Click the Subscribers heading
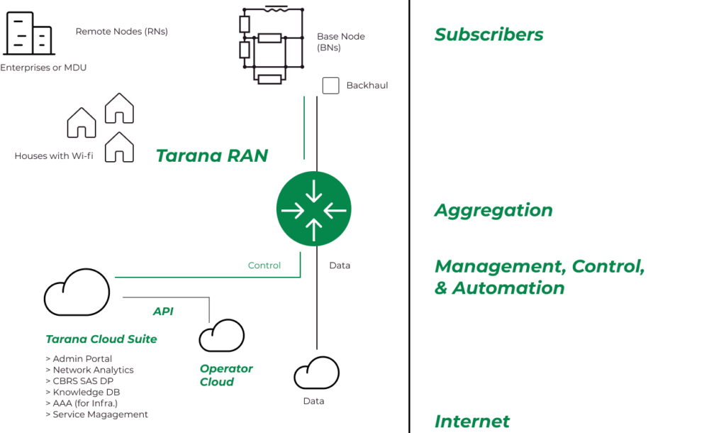click(488, 35)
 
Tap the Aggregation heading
click(493, 211)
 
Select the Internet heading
click(471, 422)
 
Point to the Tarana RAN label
click(211, 155)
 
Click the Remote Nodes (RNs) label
click(121, 32)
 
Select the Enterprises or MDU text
click(43, 68)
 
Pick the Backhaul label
click(367, 85)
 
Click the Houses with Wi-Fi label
click(54, 156)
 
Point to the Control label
click(264, 265)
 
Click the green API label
click(163, 312)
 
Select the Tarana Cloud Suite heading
click(101, 339)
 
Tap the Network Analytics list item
click(89, 370)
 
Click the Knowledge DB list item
click(86, 392)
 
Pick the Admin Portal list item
click(79, 359)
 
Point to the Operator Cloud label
click(226, 375)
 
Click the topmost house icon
click(119, 109)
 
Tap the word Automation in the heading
click(508, 288)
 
